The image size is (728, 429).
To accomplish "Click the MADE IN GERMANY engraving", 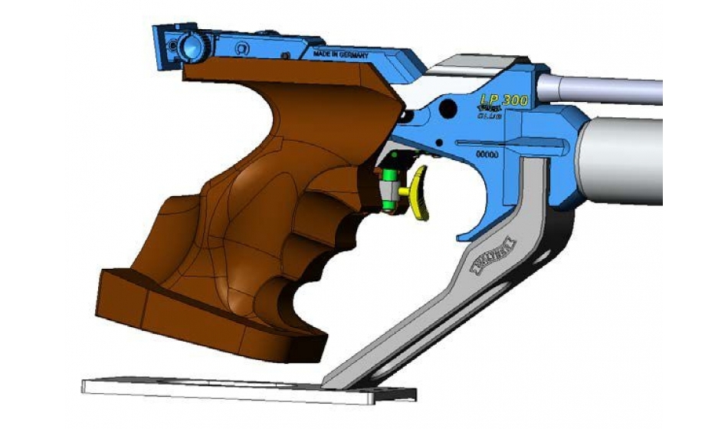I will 342,55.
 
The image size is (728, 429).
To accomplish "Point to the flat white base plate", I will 230,387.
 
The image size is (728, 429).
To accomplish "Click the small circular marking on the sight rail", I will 241,48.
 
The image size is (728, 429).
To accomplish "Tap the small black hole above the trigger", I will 408,116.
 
